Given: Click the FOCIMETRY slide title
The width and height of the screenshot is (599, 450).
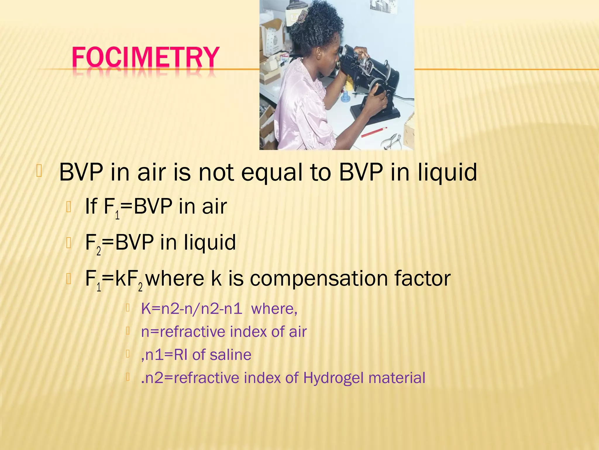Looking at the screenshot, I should click(145, 58).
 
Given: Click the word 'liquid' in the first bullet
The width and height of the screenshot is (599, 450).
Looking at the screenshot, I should click(447, 172).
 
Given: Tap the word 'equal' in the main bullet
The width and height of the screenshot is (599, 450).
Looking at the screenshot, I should click(271, 173).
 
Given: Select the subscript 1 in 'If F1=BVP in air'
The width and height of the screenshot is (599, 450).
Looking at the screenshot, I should click(117, 215).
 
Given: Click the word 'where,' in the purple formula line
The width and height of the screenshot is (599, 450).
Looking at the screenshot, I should click(274, 309).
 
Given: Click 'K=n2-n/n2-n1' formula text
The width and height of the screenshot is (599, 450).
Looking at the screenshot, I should click(192, 309).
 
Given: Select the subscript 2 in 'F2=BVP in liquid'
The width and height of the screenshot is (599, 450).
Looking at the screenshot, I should click(99, 251).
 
